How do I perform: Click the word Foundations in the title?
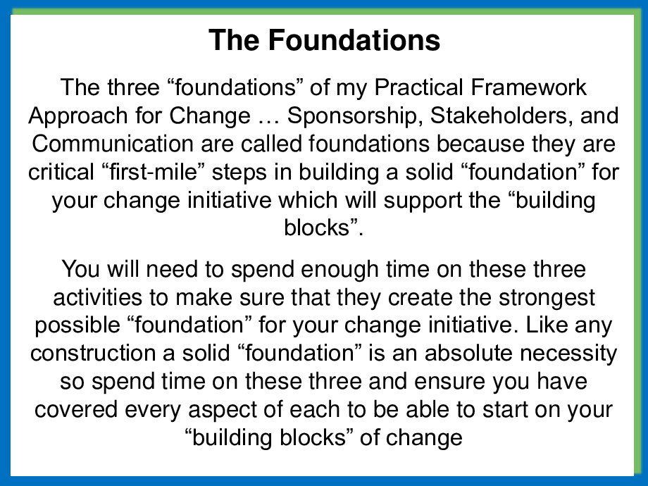(x=354, y=40)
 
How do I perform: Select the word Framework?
(x=528, y=87)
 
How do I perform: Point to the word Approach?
(x=78, y=116)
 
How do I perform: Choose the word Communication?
(x=113, y=144)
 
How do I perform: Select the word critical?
(x=61, y=172)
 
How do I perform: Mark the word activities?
(x=111, y=297)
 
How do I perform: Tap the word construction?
(x=93, y=354)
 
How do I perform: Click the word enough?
(x=340, y=270)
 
